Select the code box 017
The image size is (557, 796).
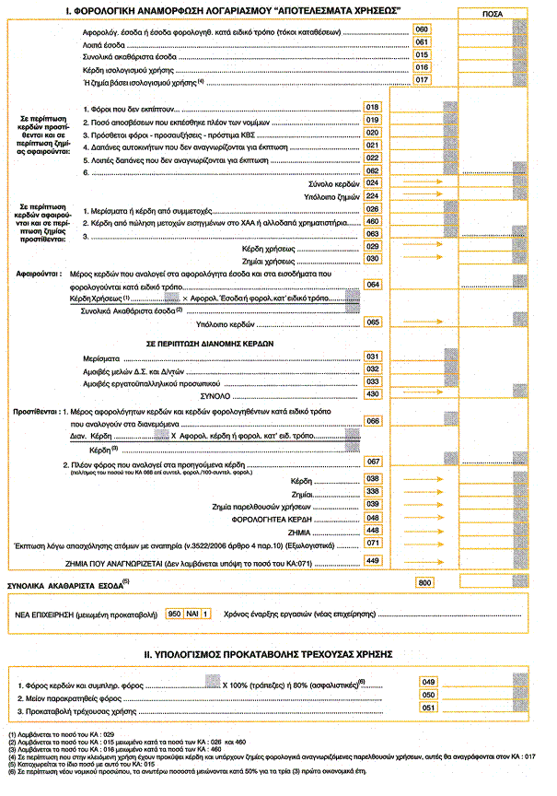pyautogui.click(x=423, y=80)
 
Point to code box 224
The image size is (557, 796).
pyautogui.click(x=373, y=196)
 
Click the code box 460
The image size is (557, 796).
pyautogui.click(x=373, y=221)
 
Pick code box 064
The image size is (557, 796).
pyautogui.click(x=373, y=285)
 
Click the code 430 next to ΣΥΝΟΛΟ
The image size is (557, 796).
pyautogui.click(x=373, y=393)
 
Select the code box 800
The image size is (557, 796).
pyautogui.click(x=424, y=583)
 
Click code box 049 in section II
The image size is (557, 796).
pyautogui.click(x=428, y=681)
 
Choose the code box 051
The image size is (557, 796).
pyautogui.click(x=428, y=708)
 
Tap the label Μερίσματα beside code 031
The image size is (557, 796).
pyautogui.click(x=99, y=356)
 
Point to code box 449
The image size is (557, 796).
pyautogui.click(x=373, y=560)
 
